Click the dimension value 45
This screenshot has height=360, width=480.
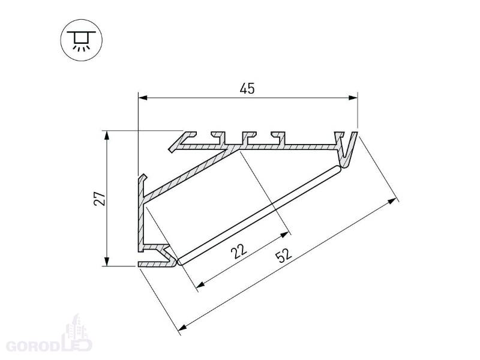247,89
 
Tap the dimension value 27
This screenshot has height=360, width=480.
100,199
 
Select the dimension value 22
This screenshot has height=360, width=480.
239,251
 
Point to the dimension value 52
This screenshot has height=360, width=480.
284,256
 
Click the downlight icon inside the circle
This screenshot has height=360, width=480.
82,40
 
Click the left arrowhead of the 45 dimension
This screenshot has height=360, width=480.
143,98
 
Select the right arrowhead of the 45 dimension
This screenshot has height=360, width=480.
353,98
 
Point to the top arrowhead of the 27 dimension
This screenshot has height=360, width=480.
107,136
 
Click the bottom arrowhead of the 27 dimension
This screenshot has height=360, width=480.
107,261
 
